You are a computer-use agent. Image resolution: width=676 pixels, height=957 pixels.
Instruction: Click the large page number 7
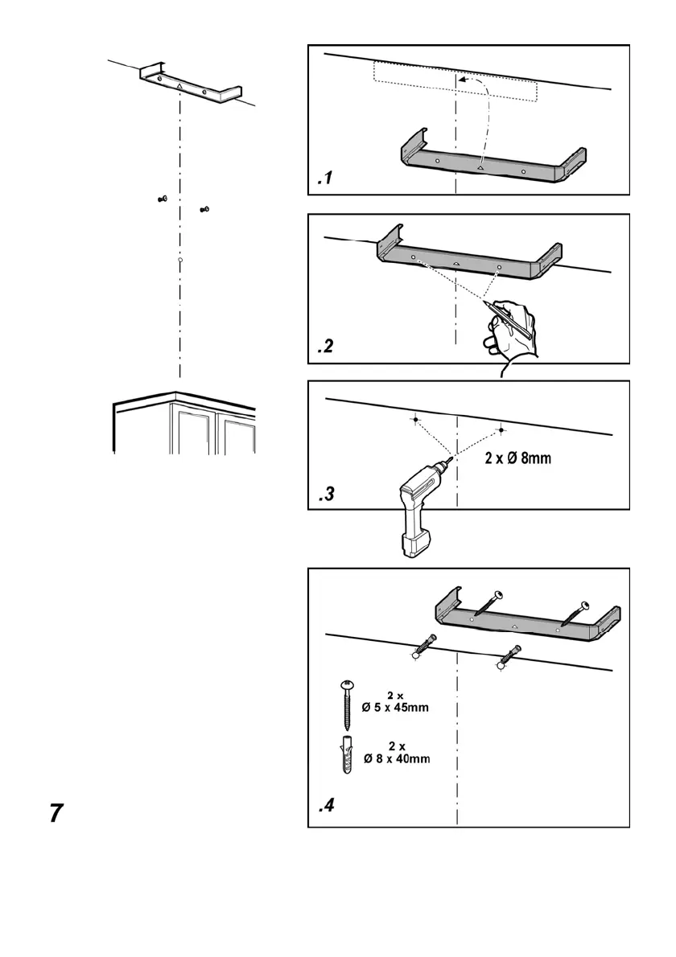54,813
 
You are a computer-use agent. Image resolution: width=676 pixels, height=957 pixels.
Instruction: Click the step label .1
324,181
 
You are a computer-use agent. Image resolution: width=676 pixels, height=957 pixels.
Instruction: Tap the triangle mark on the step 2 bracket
455,263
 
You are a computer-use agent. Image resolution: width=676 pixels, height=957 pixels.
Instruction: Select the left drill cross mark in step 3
414,420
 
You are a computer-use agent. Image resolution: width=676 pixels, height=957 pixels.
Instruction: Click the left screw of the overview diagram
162,199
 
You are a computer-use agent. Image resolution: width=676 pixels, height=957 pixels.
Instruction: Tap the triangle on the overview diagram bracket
179,84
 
